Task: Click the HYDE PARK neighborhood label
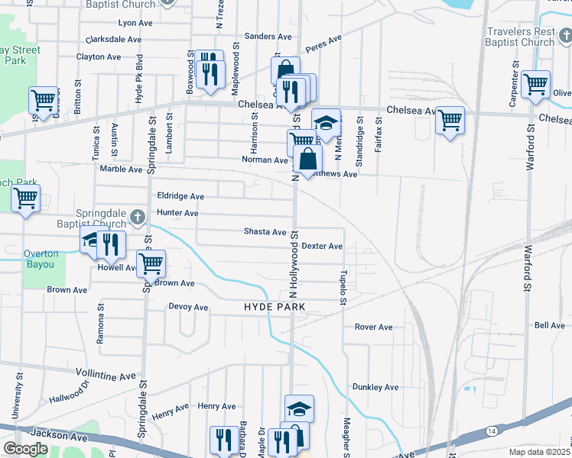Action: click(275, 307)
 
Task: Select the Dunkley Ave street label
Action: click(375, 387)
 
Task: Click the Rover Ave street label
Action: click(373, 327)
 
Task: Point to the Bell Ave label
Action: click(549, 325)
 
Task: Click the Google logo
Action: click(25, 449)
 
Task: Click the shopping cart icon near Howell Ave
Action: click(151, 263)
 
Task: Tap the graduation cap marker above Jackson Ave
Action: click(299, 408)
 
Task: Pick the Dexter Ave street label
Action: click(322, 247)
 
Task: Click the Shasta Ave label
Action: click(265, 231)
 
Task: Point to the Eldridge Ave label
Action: click(180, 196)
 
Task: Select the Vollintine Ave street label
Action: click(106, 374)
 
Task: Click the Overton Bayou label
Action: click(39, 260)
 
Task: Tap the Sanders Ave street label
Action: click(268, 36)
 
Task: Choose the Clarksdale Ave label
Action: click(114, 39)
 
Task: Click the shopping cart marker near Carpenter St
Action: click(535, 83)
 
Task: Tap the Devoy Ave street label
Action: click(188, 308)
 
